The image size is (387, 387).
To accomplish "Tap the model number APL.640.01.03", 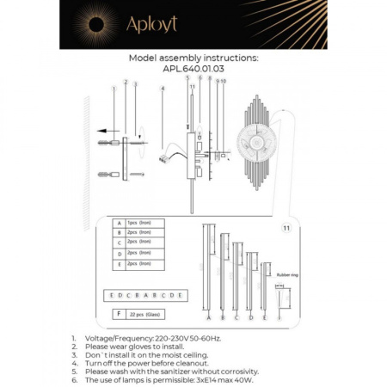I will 193,71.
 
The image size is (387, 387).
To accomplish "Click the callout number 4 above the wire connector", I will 162,89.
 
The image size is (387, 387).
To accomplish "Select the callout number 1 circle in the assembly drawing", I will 114,88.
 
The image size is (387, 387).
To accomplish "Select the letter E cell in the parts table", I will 118,264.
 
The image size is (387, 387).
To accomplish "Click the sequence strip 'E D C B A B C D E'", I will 144,294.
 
